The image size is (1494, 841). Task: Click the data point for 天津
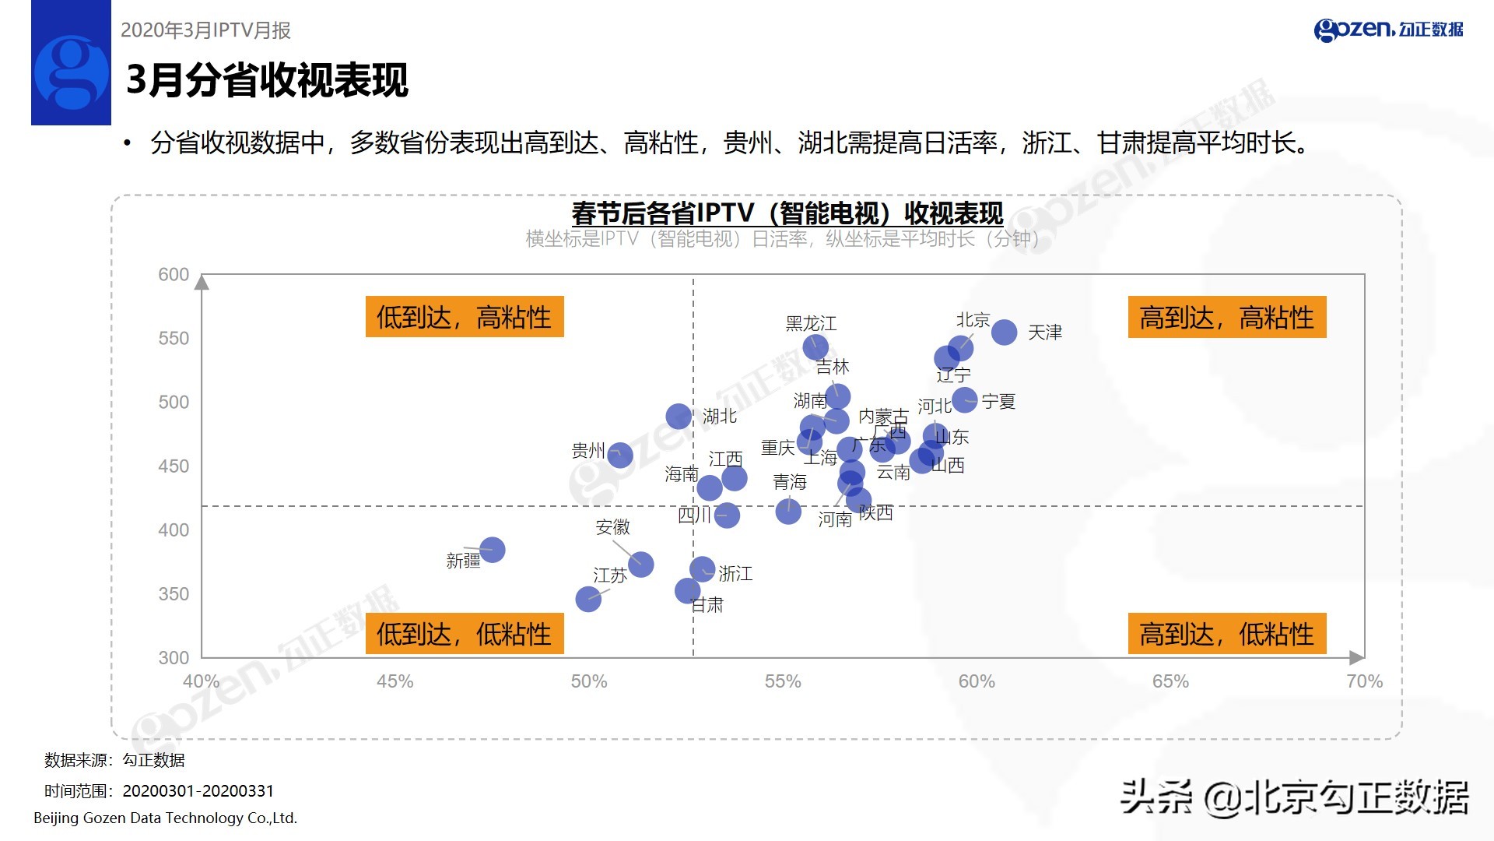click(x=1004, y=332)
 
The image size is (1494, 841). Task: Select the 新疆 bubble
click(x=492, y=550)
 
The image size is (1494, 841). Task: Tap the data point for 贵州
click(x=619, y=455)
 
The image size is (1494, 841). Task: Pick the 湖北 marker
click(x=679, y=416)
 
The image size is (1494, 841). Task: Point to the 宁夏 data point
click(x=964, y=400)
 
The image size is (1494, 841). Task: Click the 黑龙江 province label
click(x=811, y=323)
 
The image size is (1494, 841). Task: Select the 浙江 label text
click(x=735, y=574)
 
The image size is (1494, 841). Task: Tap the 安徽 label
click(x=612, y=527)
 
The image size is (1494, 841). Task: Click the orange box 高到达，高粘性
click(x=1226, y=317)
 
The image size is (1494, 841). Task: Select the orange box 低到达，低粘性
click(x=464, y=634)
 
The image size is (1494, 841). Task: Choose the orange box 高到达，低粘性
click(x=1226, y=634)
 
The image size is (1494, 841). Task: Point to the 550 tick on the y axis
click(x=174, y=339)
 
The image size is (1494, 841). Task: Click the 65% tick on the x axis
click(x=1170, y=681)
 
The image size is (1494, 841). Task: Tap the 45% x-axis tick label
click(x=395, y=681)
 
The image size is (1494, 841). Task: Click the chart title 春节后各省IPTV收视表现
click(x=787, y=213)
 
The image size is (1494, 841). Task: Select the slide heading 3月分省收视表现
click(x=267, y=80)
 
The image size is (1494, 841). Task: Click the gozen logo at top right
click(x=1388, y=30)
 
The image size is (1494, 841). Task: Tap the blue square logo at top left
click(x=71, y=63)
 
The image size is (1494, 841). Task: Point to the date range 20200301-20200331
click(x=198, y=791)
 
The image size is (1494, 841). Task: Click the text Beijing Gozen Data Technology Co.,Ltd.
click(x=165, y=818)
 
